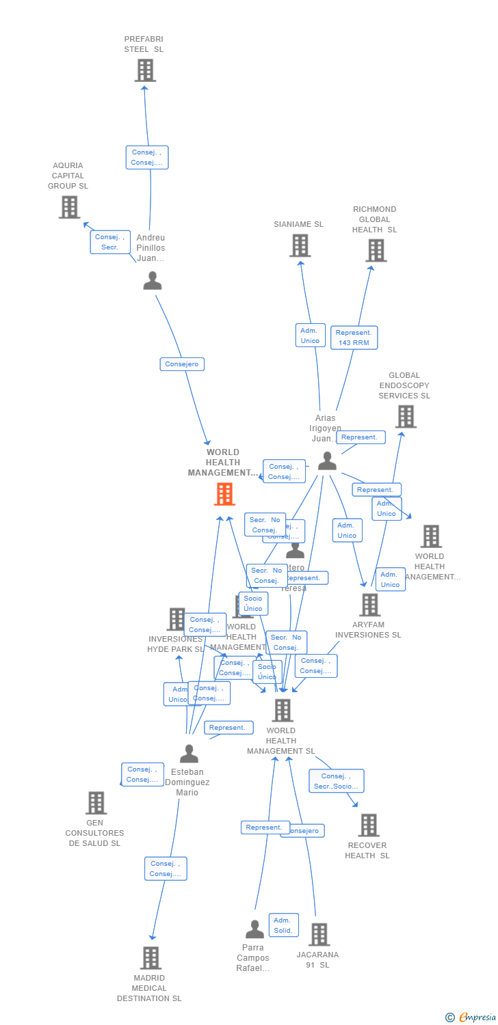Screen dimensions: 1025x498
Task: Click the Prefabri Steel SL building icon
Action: [145, 70]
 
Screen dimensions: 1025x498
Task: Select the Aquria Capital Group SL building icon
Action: [69, 207]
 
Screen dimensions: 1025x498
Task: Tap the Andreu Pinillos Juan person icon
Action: [152, 280]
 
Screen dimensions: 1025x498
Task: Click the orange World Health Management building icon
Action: [224, 493]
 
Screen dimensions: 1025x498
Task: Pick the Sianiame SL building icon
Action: [300, 246]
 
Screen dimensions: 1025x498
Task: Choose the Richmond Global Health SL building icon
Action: [375, 251]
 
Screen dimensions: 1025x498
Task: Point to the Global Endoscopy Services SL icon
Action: [405, 416]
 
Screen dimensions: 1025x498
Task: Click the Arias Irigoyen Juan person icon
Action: [327, 461]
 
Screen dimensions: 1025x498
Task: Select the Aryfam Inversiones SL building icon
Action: [369, 605]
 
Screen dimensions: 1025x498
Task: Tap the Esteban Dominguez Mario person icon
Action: [189, 754]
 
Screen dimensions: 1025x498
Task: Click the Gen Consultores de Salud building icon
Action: [96, 803]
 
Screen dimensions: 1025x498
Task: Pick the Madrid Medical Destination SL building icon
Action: [150, 958]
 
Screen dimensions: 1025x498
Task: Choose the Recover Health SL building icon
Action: [368, 825]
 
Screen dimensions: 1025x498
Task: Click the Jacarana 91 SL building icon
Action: [319, 934]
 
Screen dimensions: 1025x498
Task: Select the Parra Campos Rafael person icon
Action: [254, 929]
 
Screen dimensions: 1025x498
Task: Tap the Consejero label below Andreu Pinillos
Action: [182, 364]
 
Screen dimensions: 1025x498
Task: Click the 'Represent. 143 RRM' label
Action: [354, 338]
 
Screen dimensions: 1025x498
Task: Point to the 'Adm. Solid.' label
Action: [283, 925]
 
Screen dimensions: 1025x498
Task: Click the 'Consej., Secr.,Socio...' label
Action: [336, 781]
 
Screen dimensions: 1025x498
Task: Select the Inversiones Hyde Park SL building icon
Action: [176, 619]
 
